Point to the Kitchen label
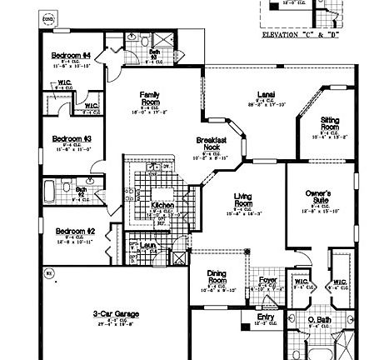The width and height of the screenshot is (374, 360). (162, 204)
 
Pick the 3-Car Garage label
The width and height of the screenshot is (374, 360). (115, 314)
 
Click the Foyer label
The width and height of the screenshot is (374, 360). (267, 280)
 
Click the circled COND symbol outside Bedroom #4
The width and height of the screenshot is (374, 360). (48, 16)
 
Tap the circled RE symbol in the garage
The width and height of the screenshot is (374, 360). (48, 272)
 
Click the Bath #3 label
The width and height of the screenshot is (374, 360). (154, 54)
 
